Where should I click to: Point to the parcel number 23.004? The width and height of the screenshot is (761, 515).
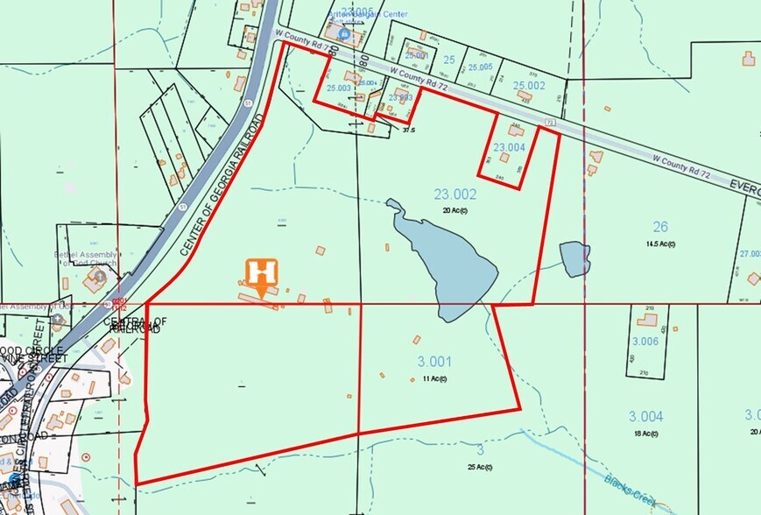coord(510,147)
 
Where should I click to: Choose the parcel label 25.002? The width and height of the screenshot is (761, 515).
coord(529,85)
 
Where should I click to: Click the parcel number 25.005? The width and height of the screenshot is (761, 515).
coord(480,67)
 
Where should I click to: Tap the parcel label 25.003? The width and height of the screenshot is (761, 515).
coord(338,88)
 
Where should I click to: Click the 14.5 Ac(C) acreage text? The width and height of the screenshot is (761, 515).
coord(660,243)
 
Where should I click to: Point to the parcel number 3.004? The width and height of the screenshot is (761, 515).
coord(645,416)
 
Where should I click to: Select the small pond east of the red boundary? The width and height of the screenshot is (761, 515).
coord(574,258)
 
